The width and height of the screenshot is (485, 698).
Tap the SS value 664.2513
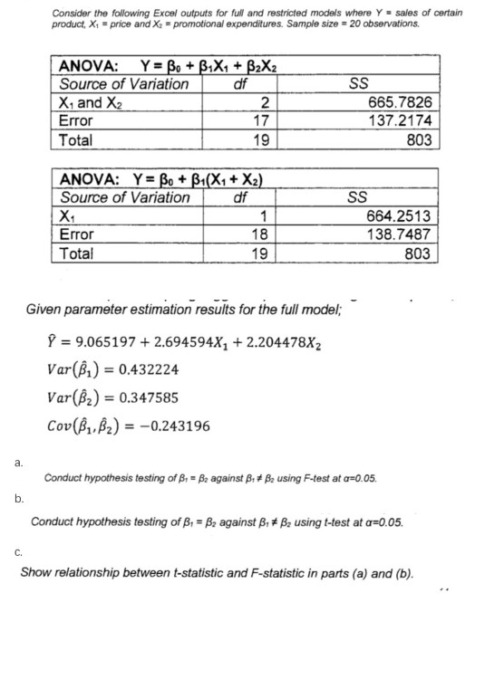[403, 218]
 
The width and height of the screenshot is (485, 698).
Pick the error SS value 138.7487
[403, 235]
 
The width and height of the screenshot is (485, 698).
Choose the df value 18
[257, 235]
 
